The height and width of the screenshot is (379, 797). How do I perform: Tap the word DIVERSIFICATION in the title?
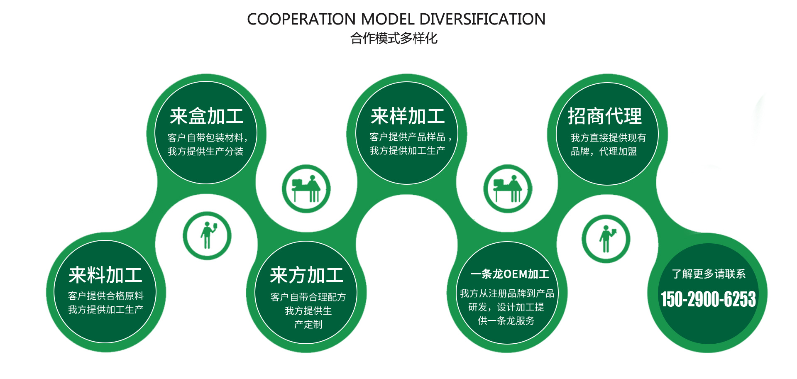[x=482, y=19]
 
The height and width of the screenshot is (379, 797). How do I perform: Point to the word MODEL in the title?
[x=388, y=19]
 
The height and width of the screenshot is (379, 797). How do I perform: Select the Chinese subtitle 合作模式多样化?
[x=394, y=38]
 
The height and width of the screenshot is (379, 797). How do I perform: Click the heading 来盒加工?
[x=206, y=116]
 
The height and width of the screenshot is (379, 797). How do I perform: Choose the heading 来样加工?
[x=408, y=116]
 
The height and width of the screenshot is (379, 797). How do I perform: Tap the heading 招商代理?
[x=604, y=116]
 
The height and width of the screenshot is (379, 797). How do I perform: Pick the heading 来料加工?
[x=105, y=275]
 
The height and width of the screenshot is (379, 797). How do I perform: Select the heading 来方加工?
[x=307, y=275]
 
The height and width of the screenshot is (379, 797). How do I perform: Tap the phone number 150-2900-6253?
[x=708, y=299]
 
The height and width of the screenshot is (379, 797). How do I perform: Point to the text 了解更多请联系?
[x=709, y=274]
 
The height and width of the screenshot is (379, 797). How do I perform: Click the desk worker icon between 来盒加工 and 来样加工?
[x=306, y=189]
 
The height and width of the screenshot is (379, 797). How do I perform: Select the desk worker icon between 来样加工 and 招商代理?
[x=508, y=189]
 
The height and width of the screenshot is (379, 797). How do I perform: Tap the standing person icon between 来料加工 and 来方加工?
[x=207, y=236]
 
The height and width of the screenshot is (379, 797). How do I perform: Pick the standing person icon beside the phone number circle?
[x=606, y=239]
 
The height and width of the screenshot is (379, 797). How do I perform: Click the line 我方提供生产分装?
[x=205, y=152]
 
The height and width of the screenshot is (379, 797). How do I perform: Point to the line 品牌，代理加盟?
[x=604, y=152]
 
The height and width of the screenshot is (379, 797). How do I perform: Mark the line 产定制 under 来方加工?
[x=308, y=325]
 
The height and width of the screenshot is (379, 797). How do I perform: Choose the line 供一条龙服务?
[x=506, y=320]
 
